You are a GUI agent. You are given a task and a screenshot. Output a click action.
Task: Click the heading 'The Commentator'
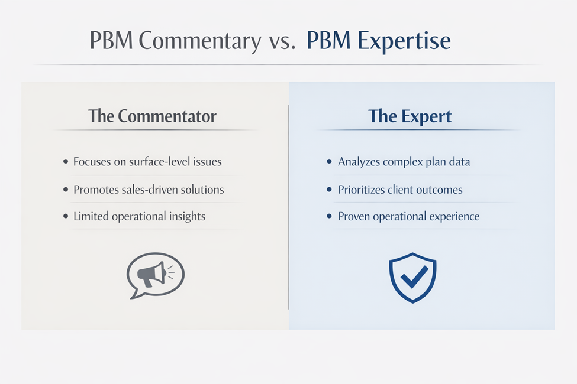coord(152,116)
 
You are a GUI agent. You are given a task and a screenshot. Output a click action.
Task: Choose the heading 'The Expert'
coord(410,116)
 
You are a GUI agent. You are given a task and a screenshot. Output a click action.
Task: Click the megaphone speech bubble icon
coord(155,275)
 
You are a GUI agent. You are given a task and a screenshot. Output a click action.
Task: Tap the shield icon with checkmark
coord(412,277)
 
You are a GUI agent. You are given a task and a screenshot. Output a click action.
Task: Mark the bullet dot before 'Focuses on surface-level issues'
coord(65,161)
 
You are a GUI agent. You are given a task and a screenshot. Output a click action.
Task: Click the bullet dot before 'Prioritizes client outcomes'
coord(329,190)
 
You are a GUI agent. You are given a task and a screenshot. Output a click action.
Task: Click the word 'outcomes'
coord(438,190)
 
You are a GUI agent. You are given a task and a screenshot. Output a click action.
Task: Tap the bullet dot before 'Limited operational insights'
coord(65,216)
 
